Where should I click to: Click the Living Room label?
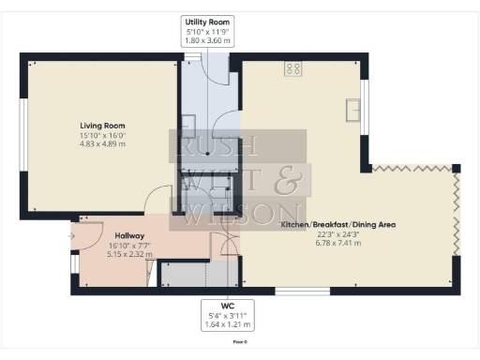(x=101, y=125)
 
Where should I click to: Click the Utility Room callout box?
(x=206, y=32)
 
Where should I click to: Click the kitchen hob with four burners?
(x=292, y=68)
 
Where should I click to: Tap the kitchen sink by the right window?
(x=353, y=109)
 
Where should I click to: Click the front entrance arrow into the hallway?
(x=73, y=236)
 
